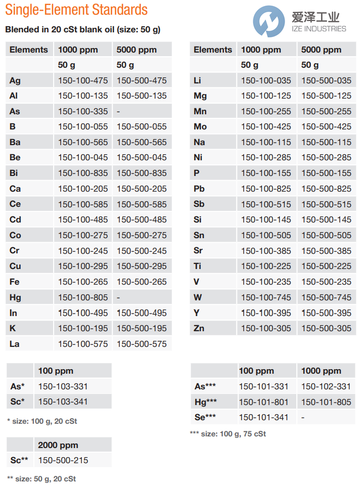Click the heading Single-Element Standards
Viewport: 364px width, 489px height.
pos(76,10)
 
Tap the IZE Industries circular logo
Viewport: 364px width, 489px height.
pos(269,22)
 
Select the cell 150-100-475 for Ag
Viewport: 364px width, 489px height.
pos(83,80)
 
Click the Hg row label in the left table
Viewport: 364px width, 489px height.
pos(15,297)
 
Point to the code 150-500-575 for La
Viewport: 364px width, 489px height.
pos(142,344)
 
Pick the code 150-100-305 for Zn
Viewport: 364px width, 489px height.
pos(266,328)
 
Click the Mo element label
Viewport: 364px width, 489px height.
pos(200,127)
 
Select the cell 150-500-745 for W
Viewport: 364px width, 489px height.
pos(326,297)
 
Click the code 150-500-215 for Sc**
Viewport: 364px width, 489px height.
pos(63,460)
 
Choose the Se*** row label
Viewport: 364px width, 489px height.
pos(205,417)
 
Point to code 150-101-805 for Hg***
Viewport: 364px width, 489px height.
pos(326,402)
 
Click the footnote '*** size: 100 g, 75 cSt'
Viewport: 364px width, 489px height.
pos(227,434)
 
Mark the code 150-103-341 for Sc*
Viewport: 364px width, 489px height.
pos(63,402)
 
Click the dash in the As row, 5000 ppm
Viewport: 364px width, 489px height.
pos(118,111)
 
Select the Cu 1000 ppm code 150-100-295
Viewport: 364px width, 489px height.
pos(83,266)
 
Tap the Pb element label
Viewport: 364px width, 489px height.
pos(199,189)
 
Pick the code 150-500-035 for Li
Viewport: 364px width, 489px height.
pos(326,80)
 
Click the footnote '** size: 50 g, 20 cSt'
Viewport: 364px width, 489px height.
pos(41,478)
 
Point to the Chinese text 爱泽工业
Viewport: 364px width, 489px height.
pos(316,18)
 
